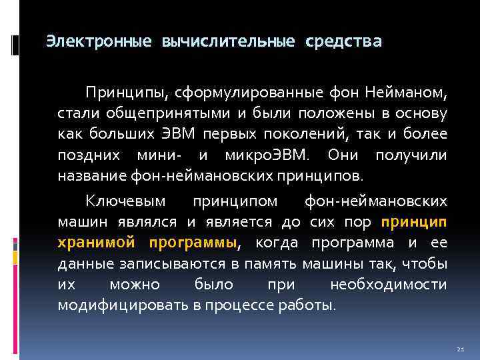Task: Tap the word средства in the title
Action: tap(343, 42)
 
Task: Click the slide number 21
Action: tap(460, 349)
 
